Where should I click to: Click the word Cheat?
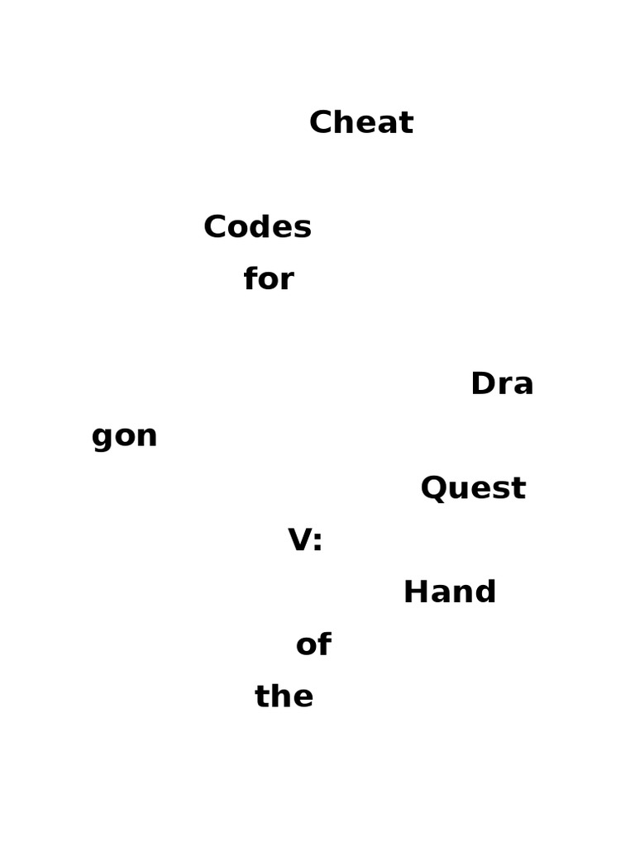tap(361, 123)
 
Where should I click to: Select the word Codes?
tap(257, 227)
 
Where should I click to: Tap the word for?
tap(269, 279)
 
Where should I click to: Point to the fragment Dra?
tap(502, 384)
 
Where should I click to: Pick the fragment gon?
tap(124, 436)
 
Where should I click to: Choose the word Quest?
tap(473, 488)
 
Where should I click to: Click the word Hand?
tap(450, 592)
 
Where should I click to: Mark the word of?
tap(313, 644)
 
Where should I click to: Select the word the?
tap(284, 696)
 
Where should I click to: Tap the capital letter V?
tap(299, 540)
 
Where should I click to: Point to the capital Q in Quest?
tap(434, 488)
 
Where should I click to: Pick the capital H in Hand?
tap(415, 592)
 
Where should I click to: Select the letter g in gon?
tap(102, 438)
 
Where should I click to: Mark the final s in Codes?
tap(303, 230)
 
